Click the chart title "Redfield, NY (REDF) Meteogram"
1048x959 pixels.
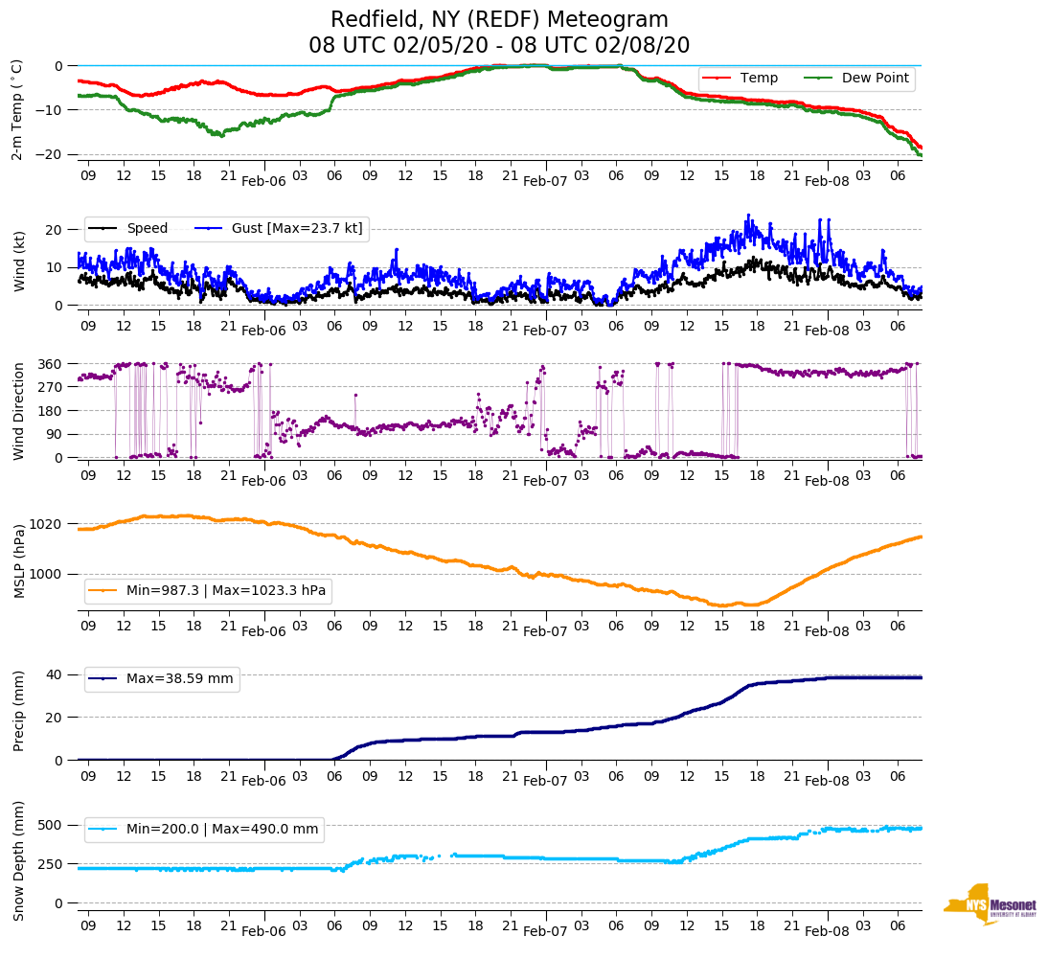pos(499,19)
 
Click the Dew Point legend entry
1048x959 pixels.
pos(875,78)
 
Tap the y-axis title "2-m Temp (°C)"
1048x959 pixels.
pos(17,108)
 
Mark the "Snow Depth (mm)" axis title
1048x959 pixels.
pos(17,859)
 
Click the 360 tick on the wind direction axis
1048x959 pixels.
pos(51,364)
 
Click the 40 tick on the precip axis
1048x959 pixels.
pos(55,674)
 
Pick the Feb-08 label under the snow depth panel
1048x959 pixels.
pos(827,931)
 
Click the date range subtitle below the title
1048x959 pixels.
pos(499,46)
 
